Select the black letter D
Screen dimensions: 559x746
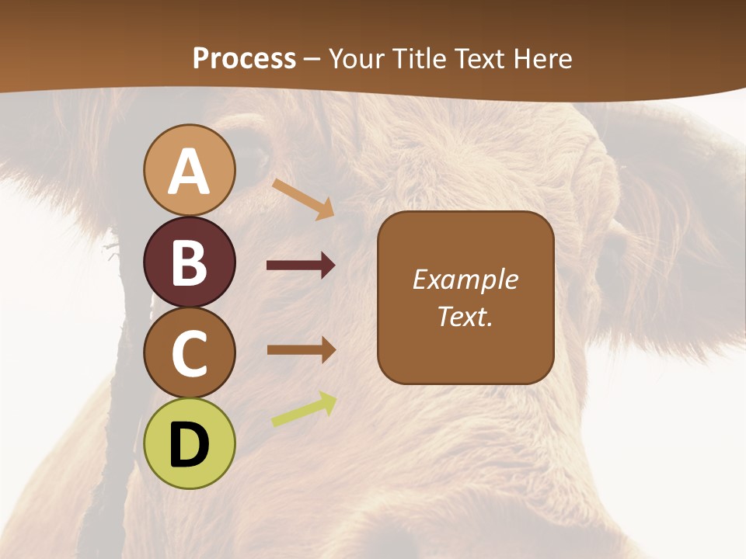pyautogui.click(x=189, y=445)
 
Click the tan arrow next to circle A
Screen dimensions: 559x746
pyautogui.click(x=303, y=199)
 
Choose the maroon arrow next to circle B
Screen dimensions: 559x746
pyautogui.click(x=301, y=266)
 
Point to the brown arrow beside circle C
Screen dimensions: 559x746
pyautogui.click(x=301, y=349)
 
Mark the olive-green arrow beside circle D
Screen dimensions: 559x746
pyautogui.click(x=304, y=409)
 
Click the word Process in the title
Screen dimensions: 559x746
pyautogui.click(x=244, y=59)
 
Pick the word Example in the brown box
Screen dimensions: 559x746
pyautogui.click(x=465, y=280)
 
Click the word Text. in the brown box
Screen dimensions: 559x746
pyautogui.click(x=465, y=316)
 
